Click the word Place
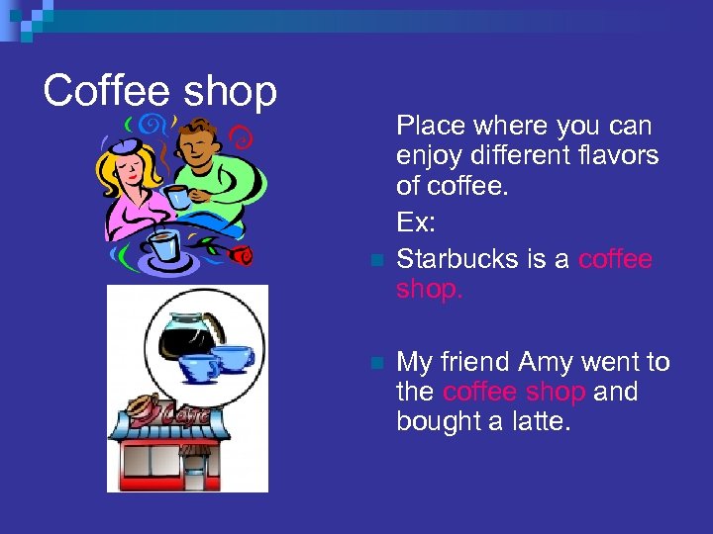tap(431, 126)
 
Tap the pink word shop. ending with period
tap(430, 289)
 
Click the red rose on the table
tap(241, 256)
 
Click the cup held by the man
tap(178, 196)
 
